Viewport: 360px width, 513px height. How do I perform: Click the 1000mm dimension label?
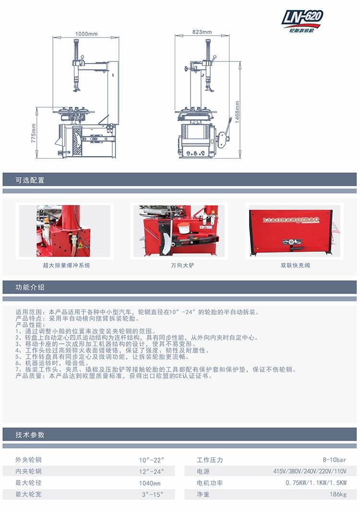click(86, 34)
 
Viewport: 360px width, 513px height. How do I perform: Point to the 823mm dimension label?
click(202, 32)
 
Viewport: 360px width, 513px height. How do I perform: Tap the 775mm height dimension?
click(33, 133)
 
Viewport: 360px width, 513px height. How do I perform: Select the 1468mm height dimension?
click(238, 112)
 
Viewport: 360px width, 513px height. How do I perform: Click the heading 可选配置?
click(30, 180)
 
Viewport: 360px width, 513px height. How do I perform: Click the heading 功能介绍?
click(30, 287)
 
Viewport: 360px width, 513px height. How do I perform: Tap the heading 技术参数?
click(30, 435)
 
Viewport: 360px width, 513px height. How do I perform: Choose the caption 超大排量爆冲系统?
click(66, 265)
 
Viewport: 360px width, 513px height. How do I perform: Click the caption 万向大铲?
click(182, 265)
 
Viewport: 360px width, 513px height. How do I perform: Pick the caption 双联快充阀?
click(295, 265)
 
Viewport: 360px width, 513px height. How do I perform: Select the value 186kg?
click(338, 494)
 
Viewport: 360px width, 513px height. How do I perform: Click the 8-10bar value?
click(335, 460)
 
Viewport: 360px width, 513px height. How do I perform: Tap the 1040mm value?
click(150, 483)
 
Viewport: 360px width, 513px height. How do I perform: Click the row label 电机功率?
click(210, 483)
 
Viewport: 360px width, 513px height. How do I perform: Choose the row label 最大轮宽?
click(28, 494)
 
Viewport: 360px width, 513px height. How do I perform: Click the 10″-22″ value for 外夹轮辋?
click(151, 460)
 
